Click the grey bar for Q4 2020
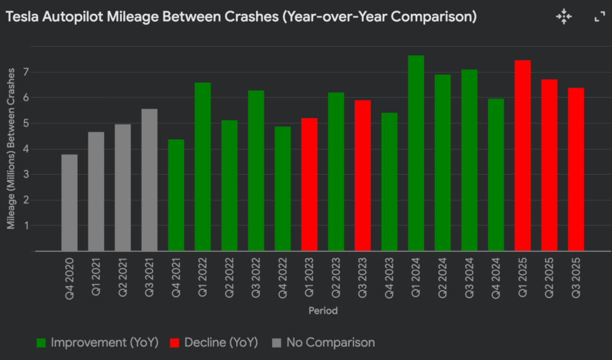70,203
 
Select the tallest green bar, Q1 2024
416,153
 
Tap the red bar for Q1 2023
310,185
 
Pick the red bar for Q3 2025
576,170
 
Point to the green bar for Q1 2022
203,167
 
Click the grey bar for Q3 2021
150,180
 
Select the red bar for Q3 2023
362,175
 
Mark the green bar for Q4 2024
496,175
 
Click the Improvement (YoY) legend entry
97,342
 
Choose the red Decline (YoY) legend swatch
175,343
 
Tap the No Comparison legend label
330,342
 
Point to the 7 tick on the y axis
26,72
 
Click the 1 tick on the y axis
26,225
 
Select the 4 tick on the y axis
26,149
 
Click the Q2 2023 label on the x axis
336,277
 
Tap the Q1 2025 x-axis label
523,277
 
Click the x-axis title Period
323,311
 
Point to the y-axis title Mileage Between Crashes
11,149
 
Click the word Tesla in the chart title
22,17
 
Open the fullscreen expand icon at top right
600,17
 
